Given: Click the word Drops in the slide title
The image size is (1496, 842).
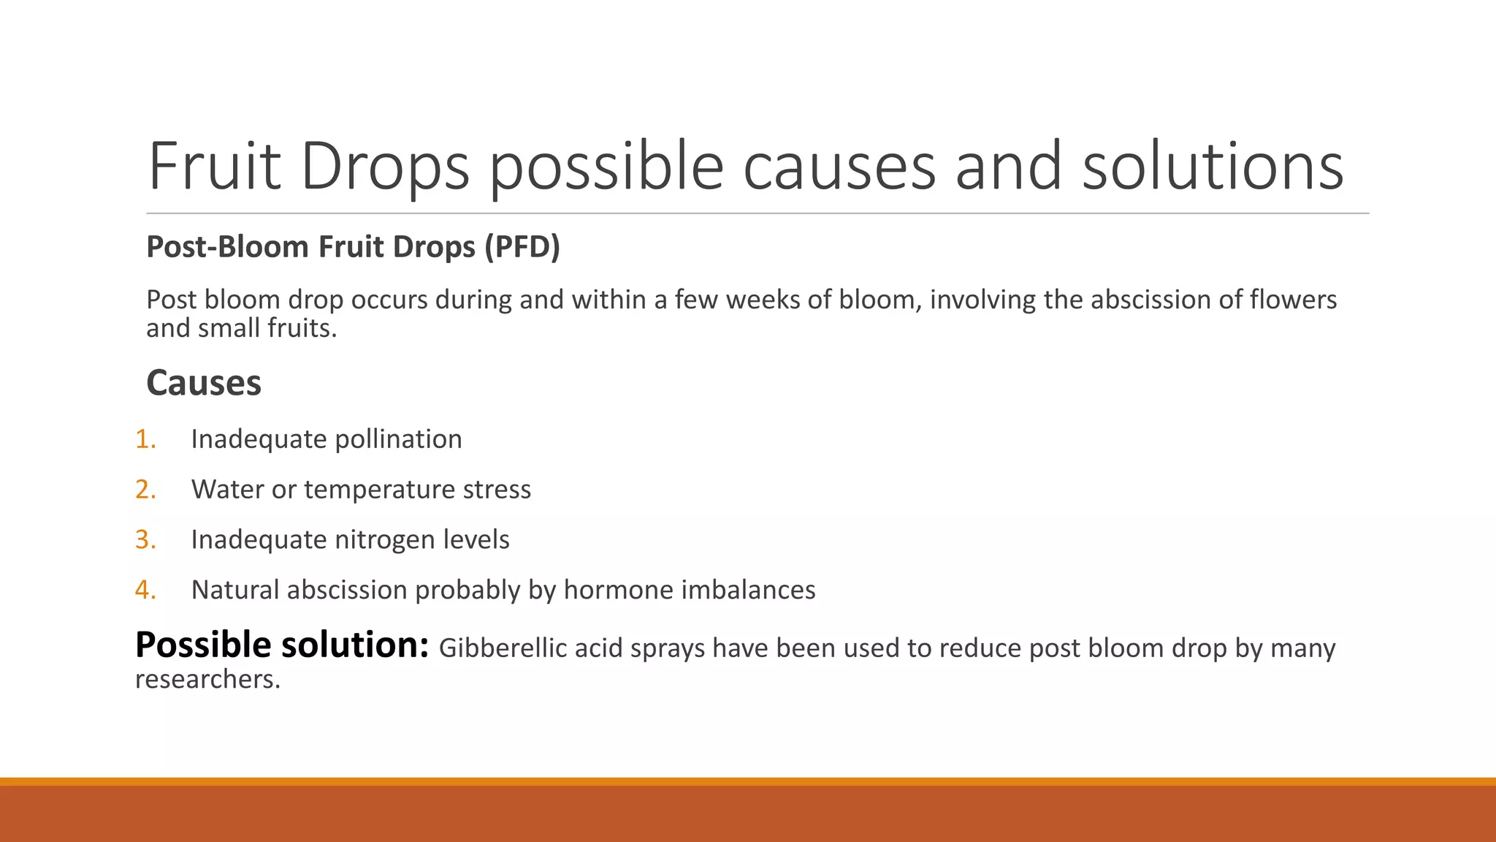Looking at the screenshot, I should click(385, 167).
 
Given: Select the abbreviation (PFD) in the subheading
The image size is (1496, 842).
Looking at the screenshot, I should click(522, 247).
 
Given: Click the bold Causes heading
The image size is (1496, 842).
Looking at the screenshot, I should click(204, 383).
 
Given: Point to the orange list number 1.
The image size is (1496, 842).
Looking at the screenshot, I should click(145, 439).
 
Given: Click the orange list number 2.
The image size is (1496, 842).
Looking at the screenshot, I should click(145, 490).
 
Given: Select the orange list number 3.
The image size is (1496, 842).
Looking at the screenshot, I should click(145, 540).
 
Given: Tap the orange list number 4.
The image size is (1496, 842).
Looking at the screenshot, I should click(145, 591).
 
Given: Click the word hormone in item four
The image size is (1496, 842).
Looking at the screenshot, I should click(618, 591).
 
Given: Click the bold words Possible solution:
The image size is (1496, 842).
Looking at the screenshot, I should click(282, 646).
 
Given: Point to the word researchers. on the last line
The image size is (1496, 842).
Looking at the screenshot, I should click(207, 680).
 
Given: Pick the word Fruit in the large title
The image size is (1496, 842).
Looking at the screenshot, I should click(215, 167).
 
